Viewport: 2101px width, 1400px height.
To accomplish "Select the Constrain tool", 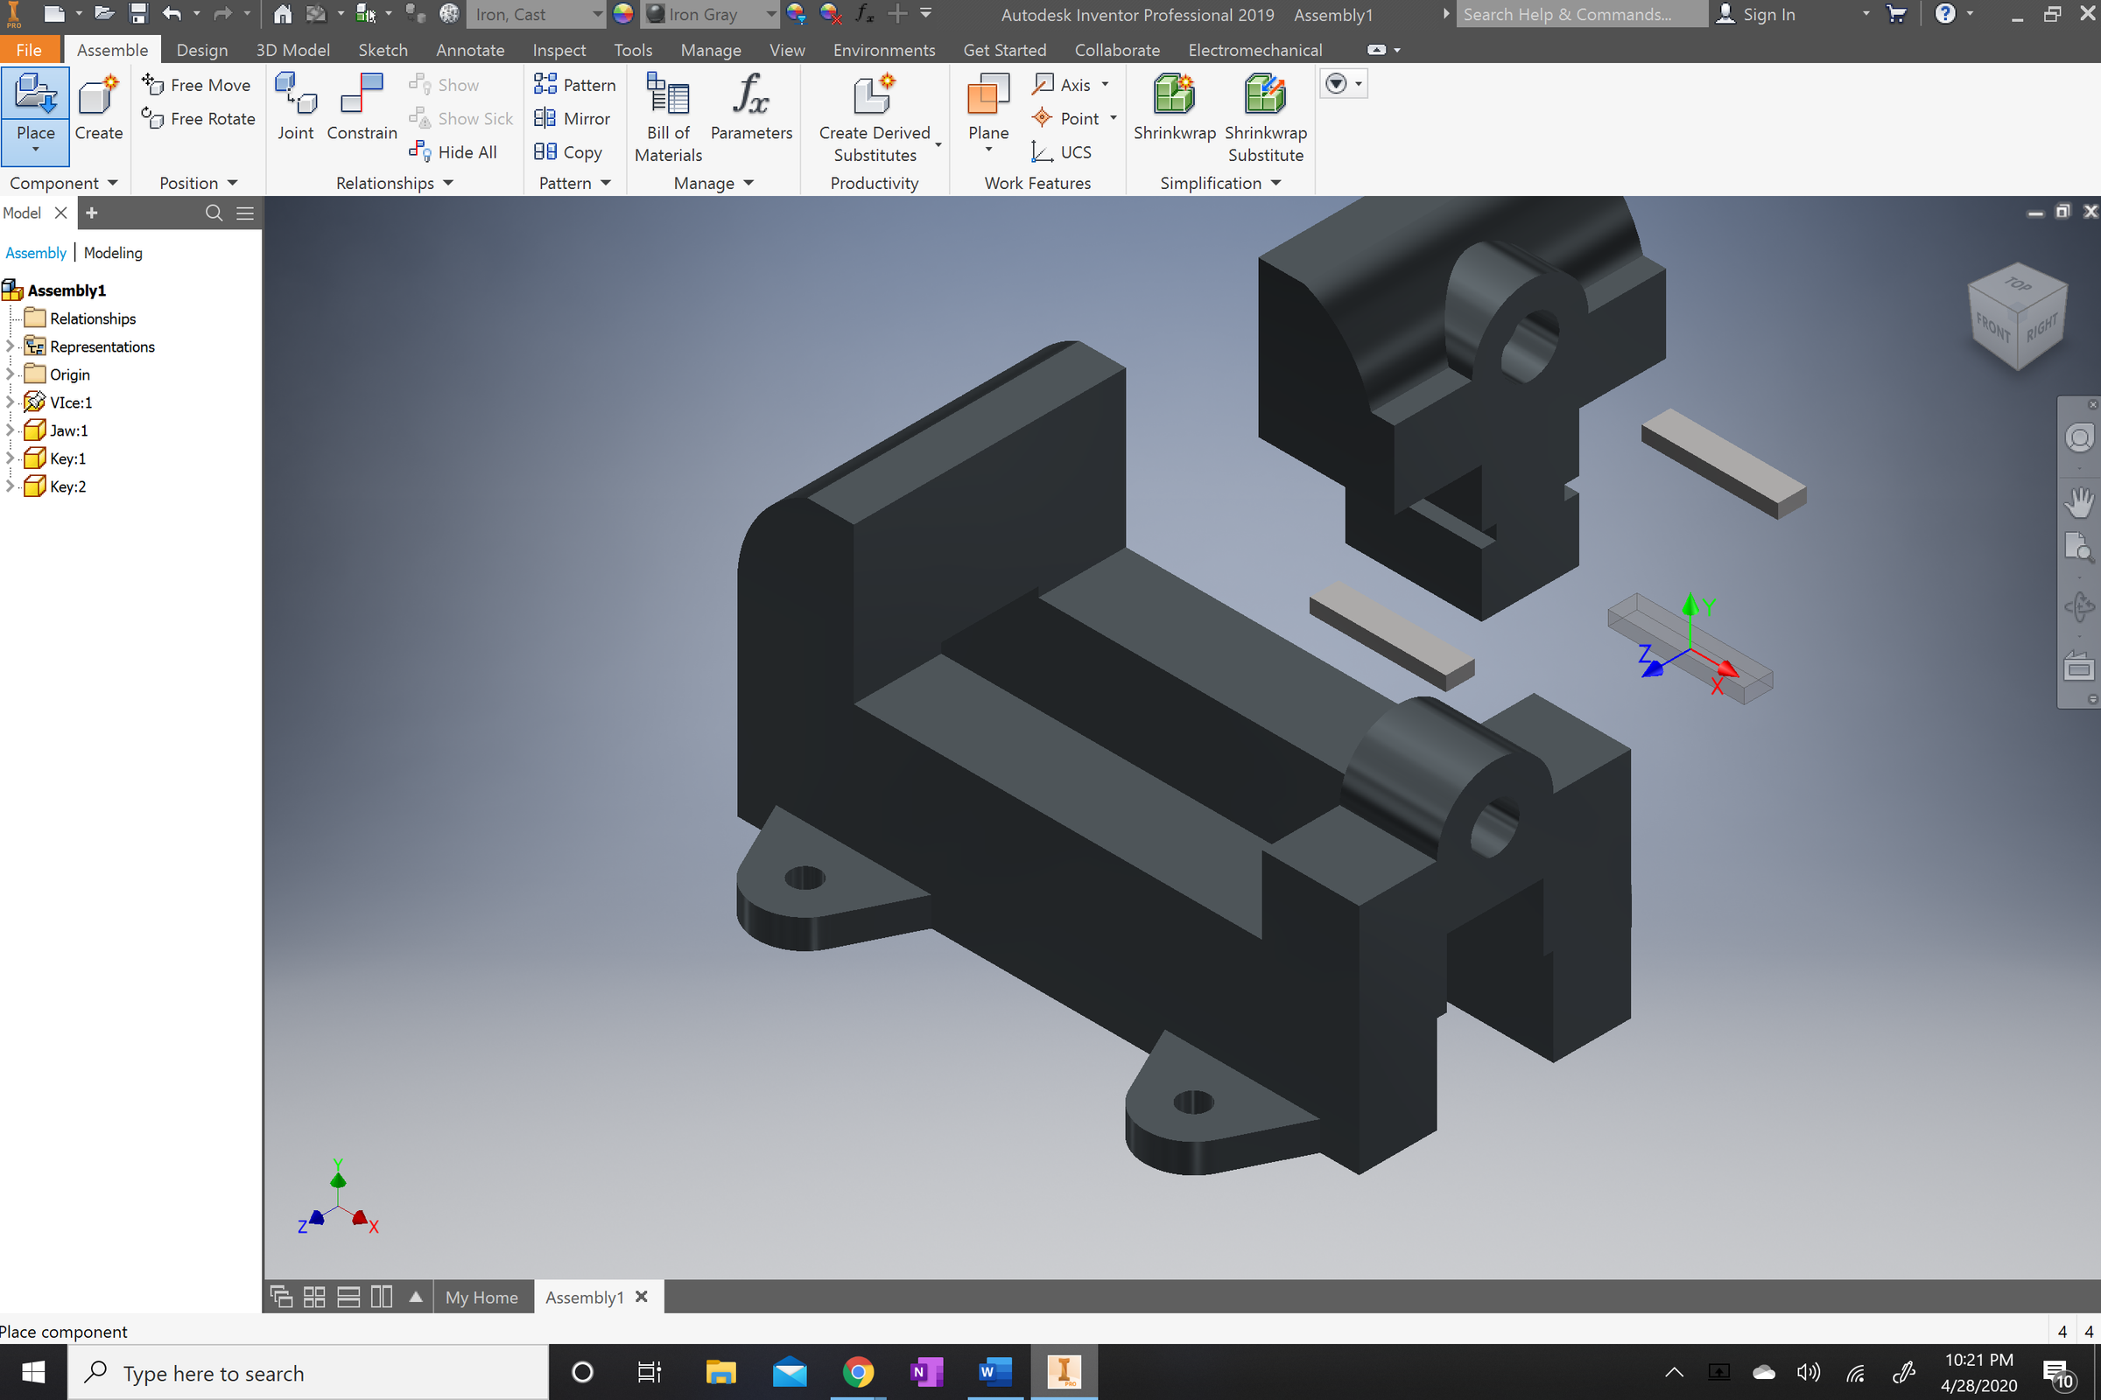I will click(362, 105).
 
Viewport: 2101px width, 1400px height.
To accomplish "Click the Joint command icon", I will click(296, 105).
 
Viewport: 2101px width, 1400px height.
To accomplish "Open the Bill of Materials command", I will click(668, 116).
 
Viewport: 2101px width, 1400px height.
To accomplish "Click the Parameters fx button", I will click(751, 105).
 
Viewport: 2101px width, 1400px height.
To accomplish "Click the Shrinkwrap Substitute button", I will click(1265, 116).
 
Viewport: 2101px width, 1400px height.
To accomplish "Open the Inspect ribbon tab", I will click(559, 50).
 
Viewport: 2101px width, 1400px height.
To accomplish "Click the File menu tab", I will click(29, 50).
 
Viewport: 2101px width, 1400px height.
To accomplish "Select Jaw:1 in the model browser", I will click(68, 430).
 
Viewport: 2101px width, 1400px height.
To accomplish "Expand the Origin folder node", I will click(10, 374).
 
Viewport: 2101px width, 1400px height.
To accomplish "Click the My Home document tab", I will click(481, 1298).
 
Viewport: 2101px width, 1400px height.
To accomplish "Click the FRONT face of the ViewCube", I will click(1992, 326).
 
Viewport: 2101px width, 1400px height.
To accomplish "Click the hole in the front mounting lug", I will click(1192, 1102).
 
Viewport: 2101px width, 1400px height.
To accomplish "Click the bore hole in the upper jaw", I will click(1530, 346).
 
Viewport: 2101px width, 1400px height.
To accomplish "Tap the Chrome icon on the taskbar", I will click(858, 1372).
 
